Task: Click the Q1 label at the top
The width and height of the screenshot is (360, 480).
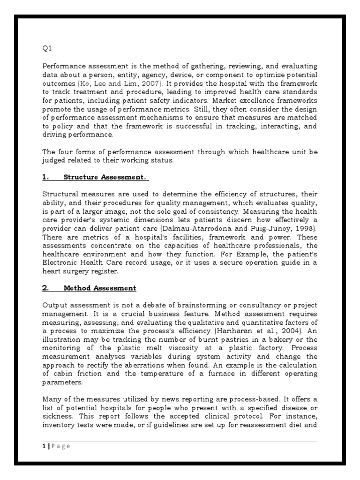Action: click(x=46, y=49)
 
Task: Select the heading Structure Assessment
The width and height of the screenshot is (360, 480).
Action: click(x=105, y=177)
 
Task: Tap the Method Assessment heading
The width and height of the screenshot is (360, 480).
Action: click(x=99, y=288)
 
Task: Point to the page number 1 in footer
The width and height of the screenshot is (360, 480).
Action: click(x=44, y=446)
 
